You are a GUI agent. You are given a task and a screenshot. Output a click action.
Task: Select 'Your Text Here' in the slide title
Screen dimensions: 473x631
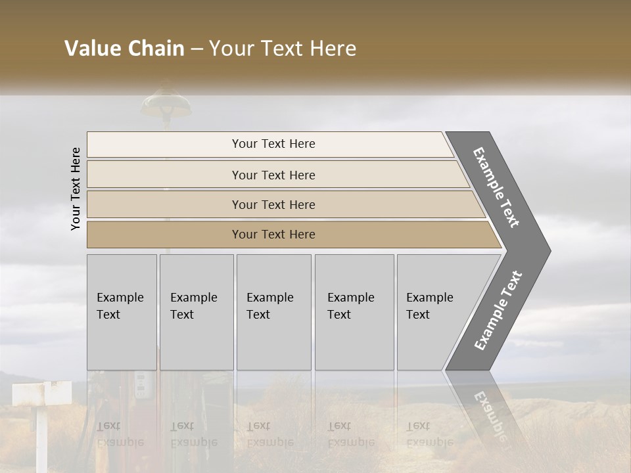click(283, 49)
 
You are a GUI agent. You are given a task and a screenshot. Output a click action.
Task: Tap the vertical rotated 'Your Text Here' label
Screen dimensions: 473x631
click(76, 189)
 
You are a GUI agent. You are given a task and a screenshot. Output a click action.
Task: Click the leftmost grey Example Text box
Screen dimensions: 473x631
click(122, 312)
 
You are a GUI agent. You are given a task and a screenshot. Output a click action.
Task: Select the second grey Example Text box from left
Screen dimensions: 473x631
click(197, 312)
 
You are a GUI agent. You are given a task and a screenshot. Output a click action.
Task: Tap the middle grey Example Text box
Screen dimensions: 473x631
click(273, 312)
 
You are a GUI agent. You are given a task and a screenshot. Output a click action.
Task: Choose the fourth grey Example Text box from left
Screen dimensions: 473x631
click(354, 312)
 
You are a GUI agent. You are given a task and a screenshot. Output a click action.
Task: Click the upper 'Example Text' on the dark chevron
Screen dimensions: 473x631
click(496, 187)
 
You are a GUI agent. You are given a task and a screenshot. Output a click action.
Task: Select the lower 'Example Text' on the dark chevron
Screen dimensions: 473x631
click(498, 311)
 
